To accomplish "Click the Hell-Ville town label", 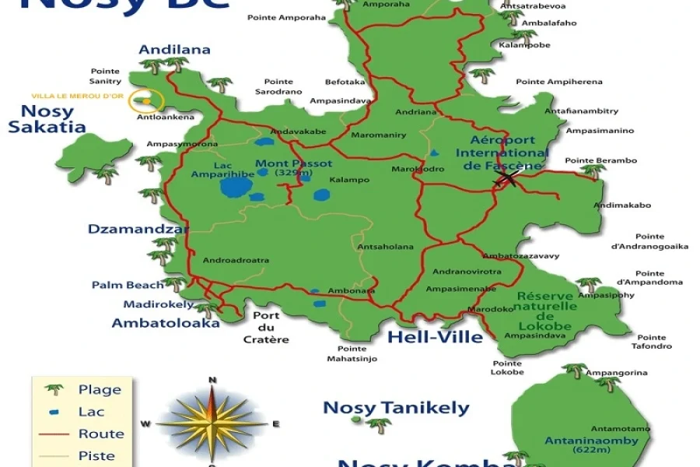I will pyautogui.click(x=435, y=337).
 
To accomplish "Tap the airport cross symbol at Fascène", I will pyautogui.click(x=507, y=179).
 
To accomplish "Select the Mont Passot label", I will pyautogui.click(x=293, y=164).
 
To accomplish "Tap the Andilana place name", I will pyautogui.click(x=174, y=50).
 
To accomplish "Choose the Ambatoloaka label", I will pyautogui.click(x=166, y=322).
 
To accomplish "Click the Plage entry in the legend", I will pyautogui.click(x=100, y=389).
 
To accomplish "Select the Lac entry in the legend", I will pyautogui.click(x=90, y=411).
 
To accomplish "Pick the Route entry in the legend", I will pyautogui.click(x=101, y=434).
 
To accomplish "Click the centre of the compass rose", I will pyautogui.click(x=212, y=423).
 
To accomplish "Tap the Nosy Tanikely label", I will pyautogui.click(x=396, y=408).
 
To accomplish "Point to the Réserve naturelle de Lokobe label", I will pyautogui.click(x=546, y=306).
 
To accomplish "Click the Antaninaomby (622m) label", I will pyautogui.click(x=591, y=444).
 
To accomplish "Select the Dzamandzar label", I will pyautogui.click(x=138, y=229).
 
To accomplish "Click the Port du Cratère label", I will pyautogui.click(x=266, y=327).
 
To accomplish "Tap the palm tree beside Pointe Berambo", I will pyautogui.click(x=594, y=170).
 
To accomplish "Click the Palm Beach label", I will pyautogui.click(x=128, y=285).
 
